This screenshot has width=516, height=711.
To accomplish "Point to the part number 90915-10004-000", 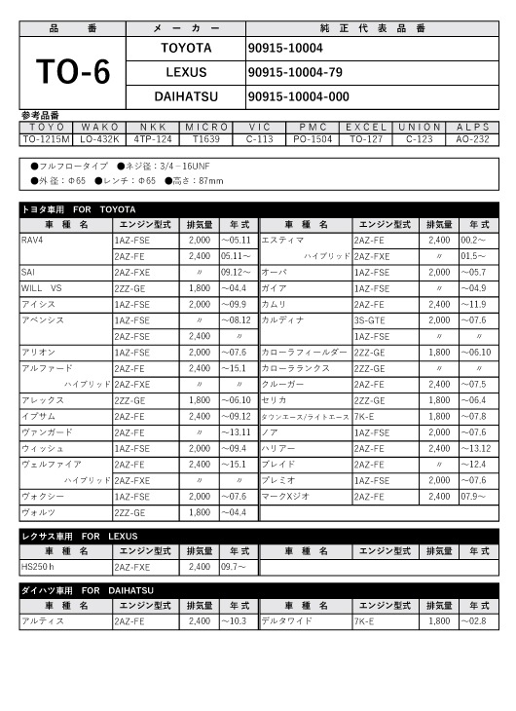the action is (x=298, y=96).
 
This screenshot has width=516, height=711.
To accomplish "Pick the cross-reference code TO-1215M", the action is (x=46, y=138).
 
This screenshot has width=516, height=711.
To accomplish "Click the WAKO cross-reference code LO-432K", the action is (x=98, y=138).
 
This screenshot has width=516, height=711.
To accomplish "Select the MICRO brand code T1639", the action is (x=205, y=138).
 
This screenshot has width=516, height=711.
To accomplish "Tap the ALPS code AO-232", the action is (x=474, y=138).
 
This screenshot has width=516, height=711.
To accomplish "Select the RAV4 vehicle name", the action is (x=32, y=239).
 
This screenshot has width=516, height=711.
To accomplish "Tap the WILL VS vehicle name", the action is (x=41, y=288).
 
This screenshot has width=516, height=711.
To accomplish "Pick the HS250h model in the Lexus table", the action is (x=38, y=566).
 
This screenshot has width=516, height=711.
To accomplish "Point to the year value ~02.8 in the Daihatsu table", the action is (x=474, y=620).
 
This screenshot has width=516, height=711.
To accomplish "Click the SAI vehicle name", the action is (x=28, y=272).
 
